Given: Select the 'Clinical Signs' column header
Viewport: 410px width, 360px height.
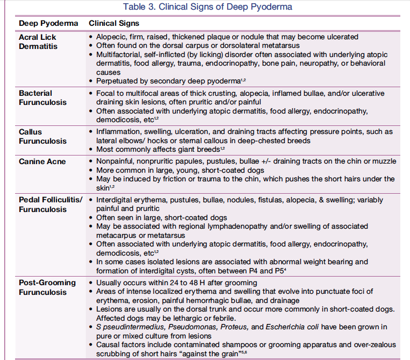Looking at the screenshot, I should pos(114,24).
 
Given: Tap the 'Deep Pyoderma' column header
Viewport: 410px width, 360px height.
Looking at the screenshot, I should pos(48,24).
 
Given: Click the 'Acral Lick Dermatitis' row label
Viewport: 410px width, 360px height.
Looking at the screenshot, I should pos(38,41).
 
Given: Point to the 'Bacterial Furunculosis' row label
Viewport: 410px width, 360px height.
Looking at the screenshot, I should pos(43,97).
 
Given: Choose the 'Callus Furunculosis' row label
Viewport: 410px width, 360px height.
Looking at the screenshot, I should pos(43,136).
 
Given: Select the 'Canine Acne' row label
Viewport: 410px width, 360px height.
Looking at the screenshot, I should pos(43,161).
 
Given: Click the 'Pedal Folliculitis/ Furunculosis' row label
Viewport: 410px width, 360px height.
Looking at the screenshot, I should pos(51,204).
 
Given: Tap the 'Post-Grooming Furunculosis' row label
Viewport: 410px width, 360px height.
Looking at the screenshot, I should pos(47,287).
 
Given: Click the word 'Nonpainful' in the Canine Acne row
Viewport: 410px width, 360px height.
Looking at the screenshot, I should pos(115,161).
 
